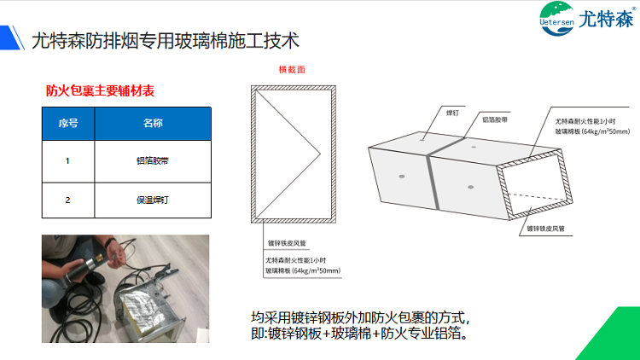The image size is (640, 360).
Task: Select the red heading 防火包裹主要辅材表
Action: [100, 90]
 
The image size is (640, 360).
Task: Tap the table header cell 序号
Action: [68, 123]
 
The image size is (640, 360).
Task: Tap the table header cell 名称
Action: [152, 123]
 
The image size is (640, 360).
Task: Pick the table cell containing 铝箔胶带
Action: [152, 160]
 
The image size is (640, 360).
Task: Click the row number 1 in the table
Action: [68, 160]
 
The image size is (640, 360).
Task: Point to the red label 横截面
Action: [292, 70]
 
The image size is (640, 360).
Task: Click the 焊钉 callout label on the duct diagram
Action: [453, 111]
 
